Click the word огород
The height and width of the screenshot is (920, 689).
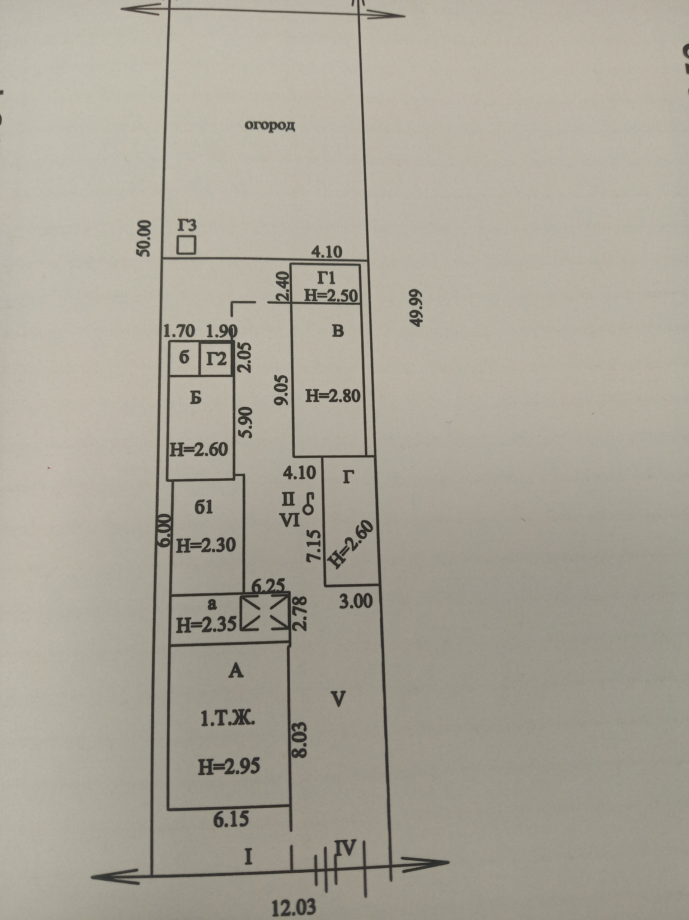pyautogui.click(x=270, y=125)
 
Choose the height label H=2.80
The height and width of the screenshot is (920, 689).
pyautogui.click(x=333, y=396)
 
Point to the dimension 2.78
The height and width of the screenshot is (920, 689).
pyautogui.click(x=301, y=613)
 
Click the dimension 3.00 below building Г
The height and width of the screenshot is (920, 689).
pyautogui.click(x=356, y=601)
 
